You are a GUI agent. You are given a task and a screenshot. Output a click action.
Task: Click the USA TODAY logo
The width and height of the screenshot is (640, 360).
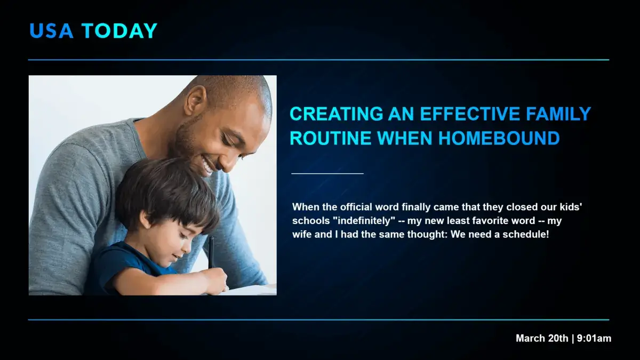tap(93, 31)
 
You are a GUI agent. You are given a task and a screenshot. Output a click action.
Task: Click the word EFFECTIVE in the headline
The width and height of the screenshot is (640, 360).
tap(470, 114)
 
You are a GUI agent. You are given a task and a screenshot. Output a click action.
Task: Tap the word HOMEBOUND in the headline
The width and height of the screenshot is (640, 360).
tap(499, 139)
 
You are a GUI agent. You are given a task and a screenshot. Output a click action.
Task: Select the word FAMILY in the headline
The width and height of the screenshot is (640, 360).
tap(559, 114)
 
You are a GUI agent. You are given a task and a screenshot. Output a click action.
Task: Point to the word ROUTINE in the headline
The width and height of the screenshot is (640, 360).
tap(330, 139)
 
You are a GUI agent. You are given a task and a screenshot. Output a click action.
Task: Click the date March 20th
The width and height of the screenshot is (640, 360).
tap(542, 338)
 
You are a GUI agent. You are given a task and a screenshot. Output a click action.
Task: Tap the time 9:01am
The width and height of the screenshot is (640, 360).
tap(594, 338)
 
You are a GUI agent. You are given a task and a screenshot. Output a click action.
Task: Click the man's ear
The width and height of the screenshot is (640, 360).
tap(195, 100)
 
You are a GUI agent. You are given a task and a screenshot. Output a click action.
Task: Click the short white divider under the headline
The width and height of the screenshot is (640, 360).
tap(327, 173)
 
